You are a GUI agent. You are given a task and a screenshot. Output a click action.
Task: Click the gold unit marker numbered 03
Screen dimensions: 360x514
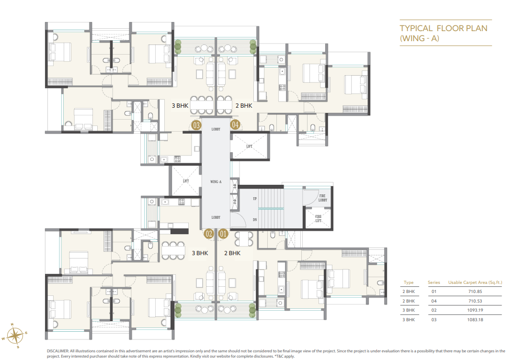(196, 125)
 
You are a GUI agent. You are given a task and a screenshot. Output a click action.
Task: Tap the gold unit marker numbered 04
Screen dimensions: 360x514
(235, 125)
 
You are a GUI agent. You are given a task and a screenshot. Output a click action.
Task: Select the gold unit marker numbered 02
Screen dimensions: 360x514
(209, 234)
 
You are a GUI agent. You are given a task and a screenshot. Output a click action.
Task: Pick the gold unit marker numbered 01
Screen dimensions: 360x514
(223, 234)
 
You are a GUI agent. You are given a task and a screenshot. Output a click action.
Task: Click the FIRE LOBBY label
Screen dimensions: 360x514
(323, 198)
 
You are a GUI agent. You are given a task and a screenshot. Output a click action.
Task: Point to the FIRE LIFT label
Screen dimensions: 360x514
(319, 219)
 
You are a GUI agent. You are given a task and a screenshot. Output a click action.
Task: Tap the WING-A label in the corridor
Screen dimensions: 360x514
(216, 182)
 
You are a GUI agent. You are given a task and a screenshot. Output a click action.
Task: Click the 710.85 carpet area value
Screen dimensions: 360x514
(475, 292)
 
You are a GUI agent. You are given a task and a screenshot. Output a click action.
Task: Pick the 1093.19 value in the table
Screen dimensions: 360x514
(475, 311)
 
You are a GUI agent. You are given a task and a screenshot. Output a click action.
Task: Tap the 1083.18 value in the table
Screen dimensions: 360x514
(475, 320)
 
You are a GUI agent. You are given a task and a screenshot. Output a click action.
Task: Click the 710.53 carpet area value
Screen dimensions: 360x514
(475, 301)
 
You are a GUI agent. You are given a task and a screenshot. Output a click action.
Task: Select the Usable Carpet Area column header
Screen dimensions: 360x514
(475, 282)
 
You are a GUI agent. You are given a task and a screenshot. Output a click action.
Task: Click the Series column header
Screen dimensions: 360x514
(434, 282)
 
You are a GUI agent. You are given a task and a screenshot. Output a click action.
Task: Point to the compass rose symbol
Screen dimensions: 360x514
(15, 334)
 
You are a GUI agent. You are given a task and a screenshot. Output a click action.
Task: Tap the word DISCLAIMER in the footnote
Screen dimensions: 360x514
(57, 351)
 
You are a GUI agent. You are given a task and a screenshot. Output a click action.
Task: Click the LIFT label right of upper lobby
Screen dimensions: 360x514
(250, 146)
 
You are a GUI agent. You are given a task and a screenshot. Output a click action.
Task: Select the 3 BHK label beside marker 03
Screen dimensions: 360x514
(180, 105)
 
